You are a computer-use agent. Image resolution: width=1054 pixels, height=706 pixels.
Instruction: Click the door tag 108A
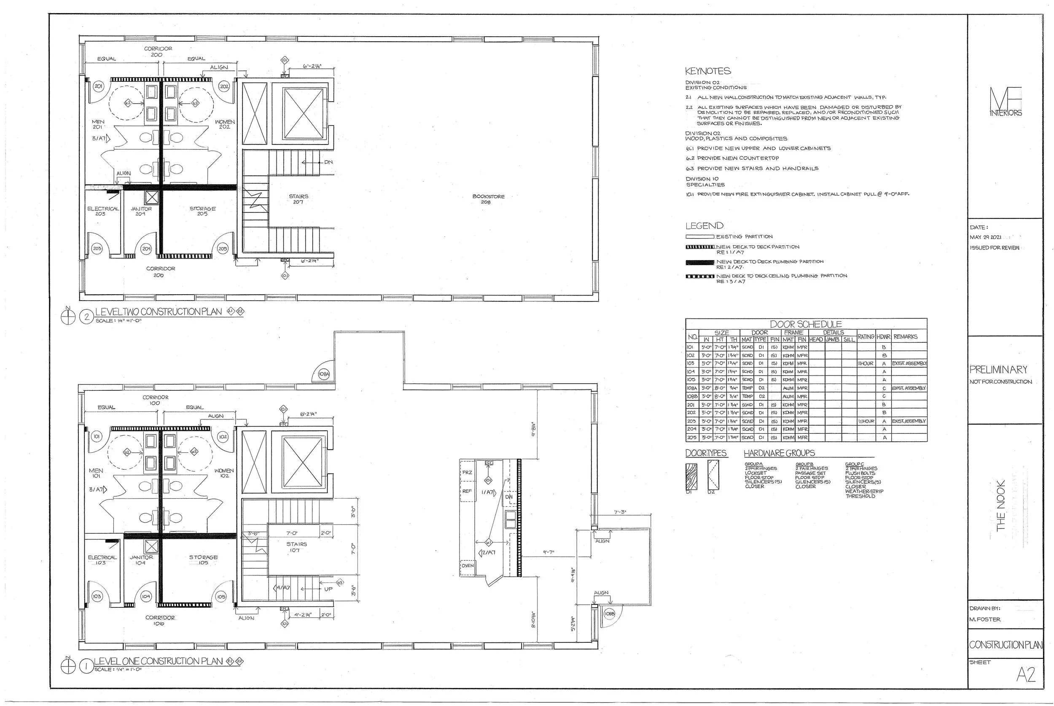point(324,374)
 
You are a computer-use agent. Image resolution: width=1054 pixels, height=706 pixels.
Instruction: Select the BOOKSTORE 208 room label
point(488,199)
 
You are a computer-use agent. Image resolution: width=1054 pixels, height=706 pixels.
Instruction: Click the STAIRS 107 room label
point(296,547)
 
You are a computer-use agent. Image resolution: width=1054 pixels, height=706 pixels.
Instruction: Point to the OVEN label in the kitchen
point(468,566)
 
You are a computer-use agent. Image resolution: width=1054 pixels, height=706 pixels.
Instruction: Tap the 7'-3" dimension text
point(620,513)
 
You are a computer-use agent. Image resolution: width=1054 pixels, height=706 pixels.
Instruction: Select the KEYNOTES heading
point(708,71)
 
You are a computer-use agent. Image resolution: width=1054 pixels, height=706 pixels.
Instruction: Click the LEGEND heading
point(704,225)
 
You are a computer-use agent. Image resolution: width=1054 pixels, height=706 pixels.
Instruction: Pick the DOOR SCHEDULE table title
point(806,324)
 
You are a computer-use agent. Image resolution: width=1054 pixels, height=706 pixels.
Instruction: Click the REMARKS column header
point(906,336)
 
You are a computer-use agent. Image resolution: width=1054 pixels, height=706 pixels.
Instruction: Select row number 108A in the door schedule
point(692,388)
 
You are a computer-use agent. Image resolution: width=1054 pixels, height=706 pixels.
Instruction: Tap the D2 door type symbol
point(714,476)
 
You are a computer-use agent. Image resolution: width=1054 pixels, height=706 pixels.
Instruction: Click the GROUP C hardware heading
point(854,464)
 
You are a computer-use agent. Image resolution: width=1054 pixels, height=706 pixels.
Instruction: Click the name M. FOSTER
point(985,619)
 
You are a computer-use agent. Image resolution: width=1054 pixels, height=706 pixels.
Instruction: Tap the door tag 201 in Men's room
point(99,86)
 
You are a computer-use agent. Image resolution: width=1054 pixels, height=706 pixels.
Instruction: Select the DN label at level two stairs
point(328,162)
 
